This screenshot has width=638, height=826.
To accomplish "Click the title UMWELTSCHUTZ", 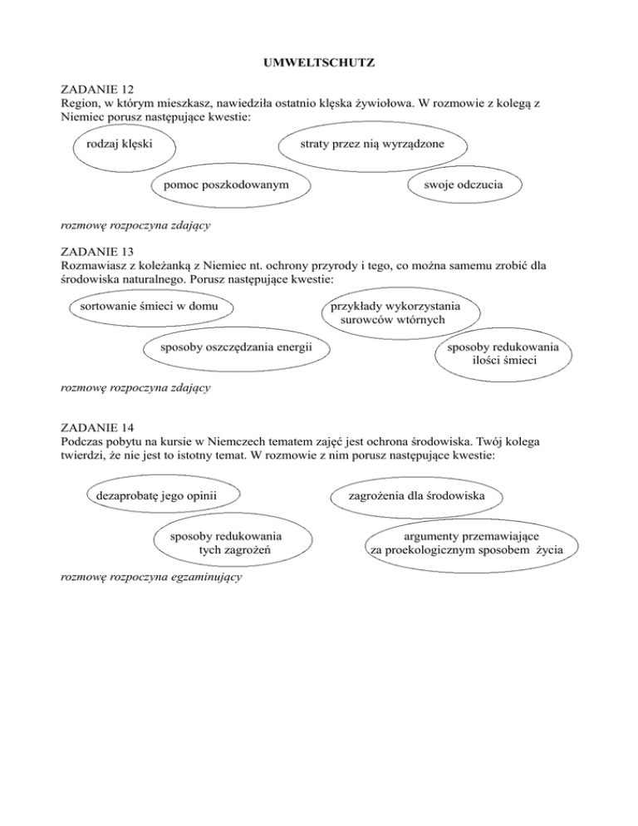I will [318, 61].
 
